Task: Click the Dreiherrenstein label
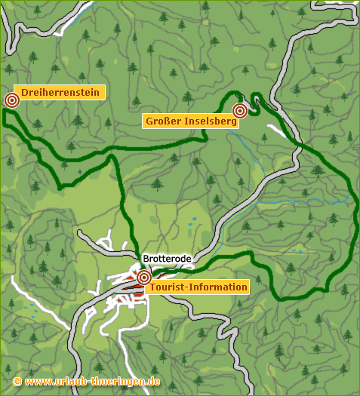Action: tap(60, 92)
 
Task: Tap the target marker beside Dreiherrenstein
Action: tap(12, 100)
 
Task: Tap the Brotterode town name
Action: tap(168, 259)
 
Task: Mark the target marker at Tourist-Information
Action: tap(143, 278)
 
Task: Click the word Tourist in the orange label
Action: tap(168, 287)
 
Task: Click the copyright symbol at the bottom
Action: tap(17, 382)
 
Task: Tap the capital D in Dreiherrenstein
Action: tap(25, 92)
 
